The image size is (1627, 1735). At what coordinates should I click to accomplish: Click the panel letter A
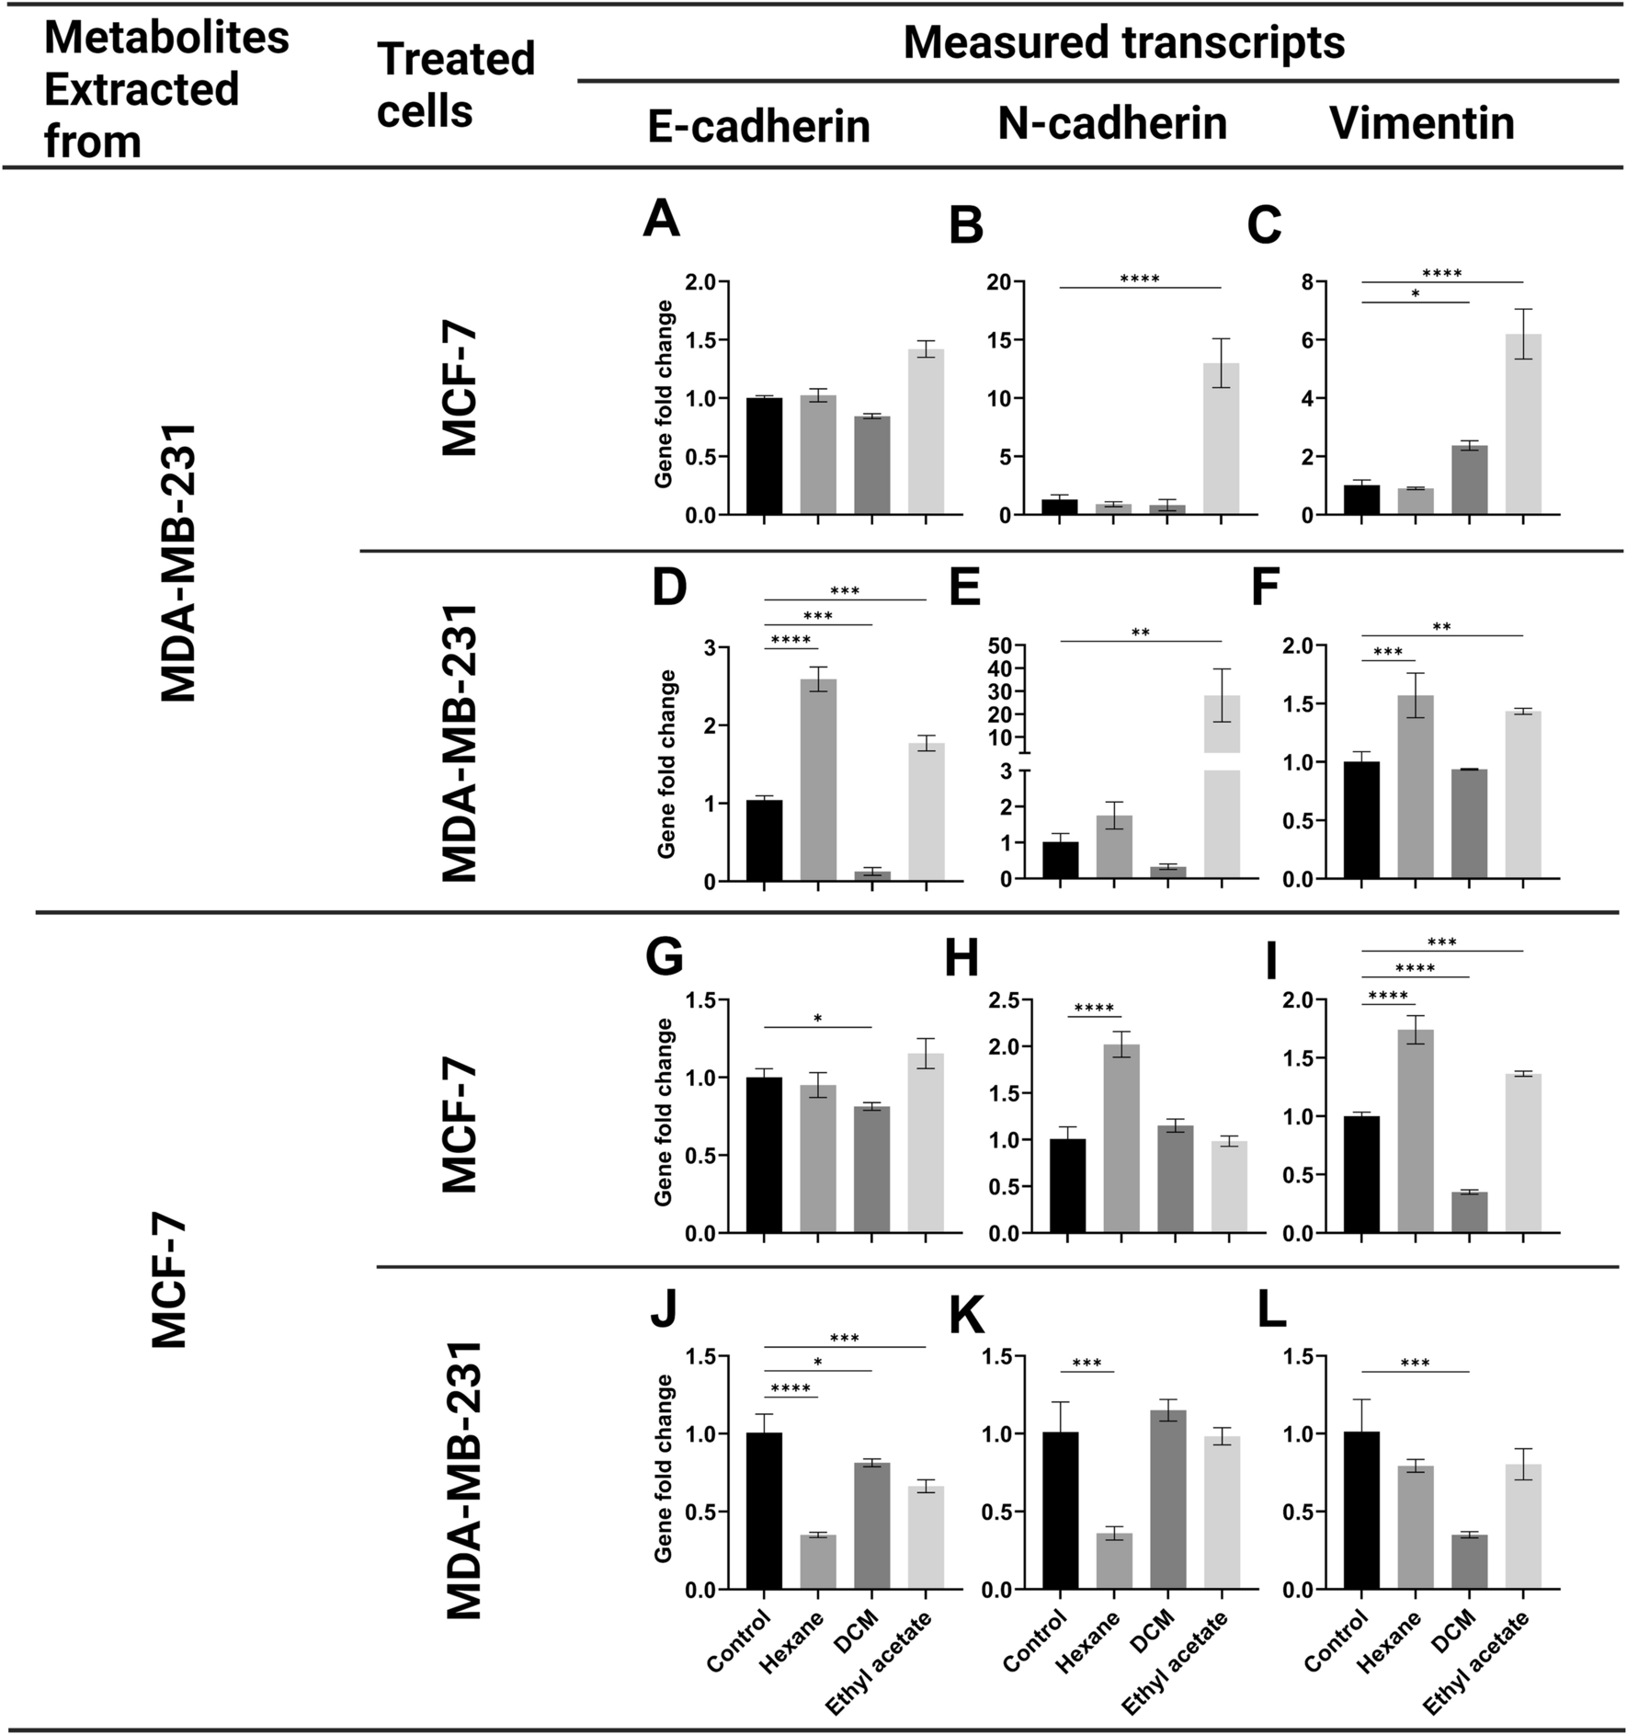pos(661,220)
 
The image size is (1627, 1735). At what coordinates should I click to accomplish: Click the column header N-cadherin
pos(1112,123)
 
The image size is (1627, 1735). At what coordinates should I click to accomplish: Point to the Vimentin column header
pos(1421,123)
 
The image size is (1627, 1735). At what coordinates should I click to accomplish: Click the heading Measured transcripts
pos(1124,43)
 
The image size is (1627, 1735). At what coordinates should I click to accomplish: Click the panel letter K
pos(966,1318)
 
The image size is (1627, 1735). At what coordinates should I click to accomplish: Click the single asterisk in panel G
pos(817,1018)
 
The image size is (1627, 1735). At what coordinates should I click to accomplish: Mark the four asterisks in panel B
pos(1140,279)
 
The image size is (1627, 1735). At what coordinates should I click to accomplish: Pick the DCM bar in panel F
pos(1469,824)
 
